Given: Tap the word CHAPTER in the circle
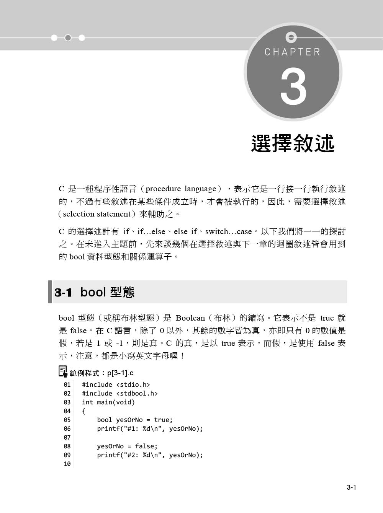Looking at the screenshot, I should tap(292, 52).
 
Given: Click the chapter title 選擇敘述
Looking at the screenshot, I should tap(293, 143).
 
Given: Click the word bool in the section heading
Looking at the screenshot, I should tap(93, 293).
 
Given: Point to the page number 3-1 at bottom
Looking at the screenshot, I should tap(352, 487).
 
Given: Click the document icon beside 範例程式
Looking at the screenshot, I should tap(63, 371).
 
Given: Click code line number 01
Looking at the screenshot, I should tap(67, 385).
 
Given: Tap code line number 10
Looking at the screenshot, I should tap(67, 464).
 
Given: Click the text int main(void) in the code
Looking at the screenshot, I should tap(108, 402).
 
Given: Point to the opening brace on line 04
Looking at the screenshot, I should tap(84, 411).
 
